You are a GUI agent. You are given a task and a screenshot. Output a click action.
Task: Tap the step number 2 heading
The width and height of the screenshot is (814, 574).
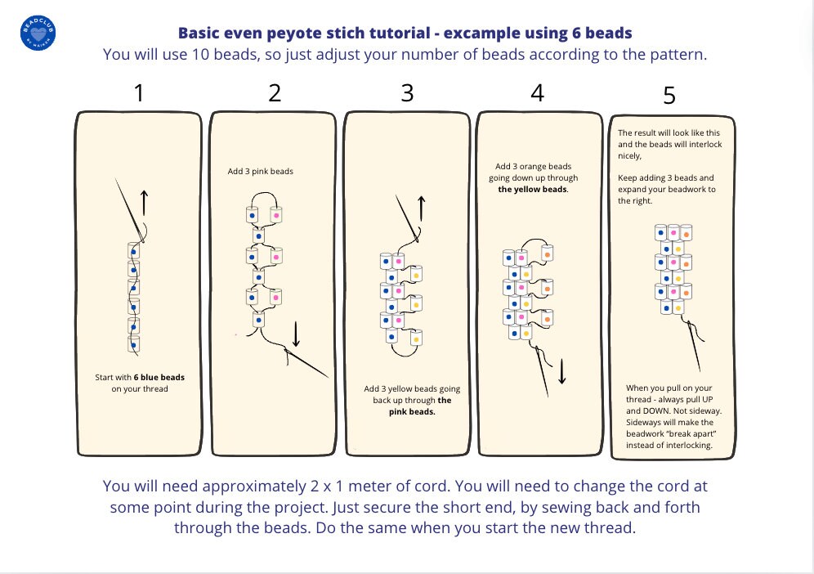[x=275, y=92]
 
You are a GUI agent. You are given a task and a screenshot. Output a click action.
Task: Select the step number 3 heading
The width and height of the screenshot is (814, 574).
[x=407, y=92]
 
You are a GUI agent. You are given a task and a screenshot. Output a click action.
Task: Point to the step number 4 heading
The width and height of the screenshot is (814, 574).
[x=537, y=92]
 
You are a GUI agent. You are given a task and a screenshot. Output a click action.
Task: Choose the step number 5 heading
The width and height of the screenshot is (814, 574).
[x=669, y=96]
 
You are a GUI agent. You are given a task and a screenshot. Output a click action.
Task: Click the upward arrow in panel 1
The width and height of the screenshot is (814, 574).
[x=145, y=202]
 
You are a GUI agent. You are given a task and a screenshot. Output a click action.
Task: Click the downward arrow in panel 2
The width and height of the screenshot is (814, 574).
[x=297, y=332]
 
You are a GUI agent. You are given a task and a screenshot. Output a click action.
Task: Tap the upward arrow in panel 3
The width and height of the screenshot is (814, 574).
[x=422, y=208]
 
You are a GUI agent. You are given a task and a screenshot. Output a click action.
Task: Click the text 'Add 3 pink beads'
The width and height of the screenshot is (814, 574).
[x=260, y=172]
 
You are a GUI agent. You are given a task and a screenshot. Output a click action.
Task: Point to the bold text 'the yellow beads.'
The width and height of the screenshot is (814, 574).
[x=534, y=189]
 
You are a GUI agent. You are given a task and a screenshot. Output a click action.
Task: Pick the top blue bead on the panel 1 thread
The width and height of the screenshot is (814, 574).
[x=133, y=250]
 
